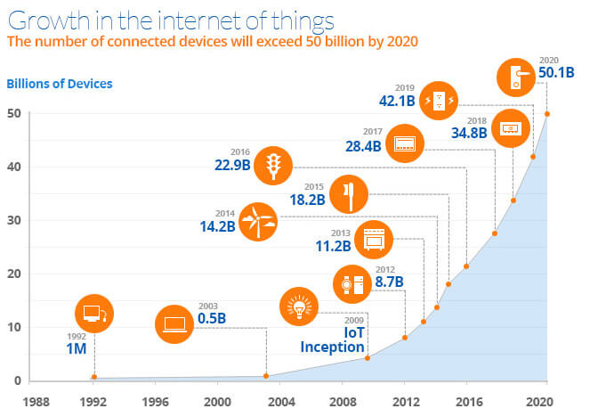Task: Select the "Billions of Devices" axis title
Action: [60, 85]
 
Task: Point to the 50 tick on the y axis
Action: [15, 113]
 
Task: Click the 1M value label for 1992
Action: [76, 348]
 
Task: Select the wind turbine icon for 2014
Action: [258, 222]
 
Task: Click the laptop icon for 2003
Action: [174, 324]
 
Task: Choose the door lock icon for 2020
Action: [515, 76]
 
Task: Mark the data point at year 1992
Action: [93, 377]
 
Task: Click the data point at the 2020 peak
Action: [546, 113]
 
